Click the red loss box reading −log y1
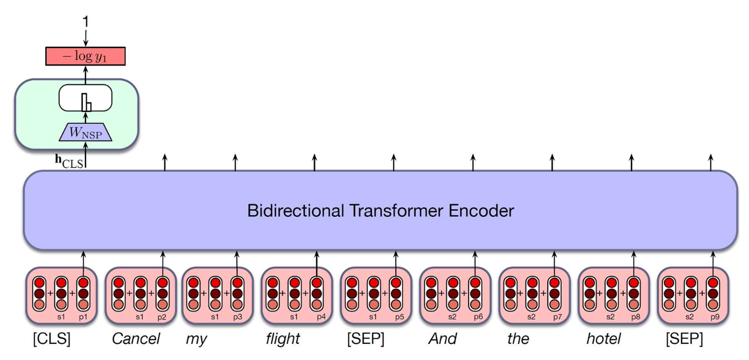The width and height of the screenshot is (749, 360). (86, 55)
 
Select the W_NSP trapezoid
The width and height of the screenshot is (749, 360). (86, 133)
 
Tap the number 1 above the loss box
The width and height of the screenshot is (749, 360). (85, 22)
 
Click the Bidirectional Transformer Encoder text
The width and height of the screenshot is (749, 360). (380, 211)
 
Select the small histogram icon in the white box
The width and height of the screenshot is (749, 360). (86, 104)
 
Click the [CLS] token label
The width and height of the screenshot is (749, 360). (51, 339)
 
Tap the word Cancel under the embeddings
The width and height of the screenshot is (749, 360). (136, 339)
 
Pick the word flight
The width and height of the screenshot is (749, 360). (283, 339)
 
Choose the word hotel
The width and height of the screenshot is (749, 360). (603, 339)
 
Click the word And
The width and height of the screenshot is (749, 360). (442, 339)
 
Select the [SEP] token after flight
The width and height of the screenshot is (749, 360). (365, 339)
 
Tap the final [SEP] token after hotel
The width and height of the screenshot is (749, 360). (684, 339)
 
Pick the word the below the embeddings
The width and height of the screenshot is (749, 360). (518, 339)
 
